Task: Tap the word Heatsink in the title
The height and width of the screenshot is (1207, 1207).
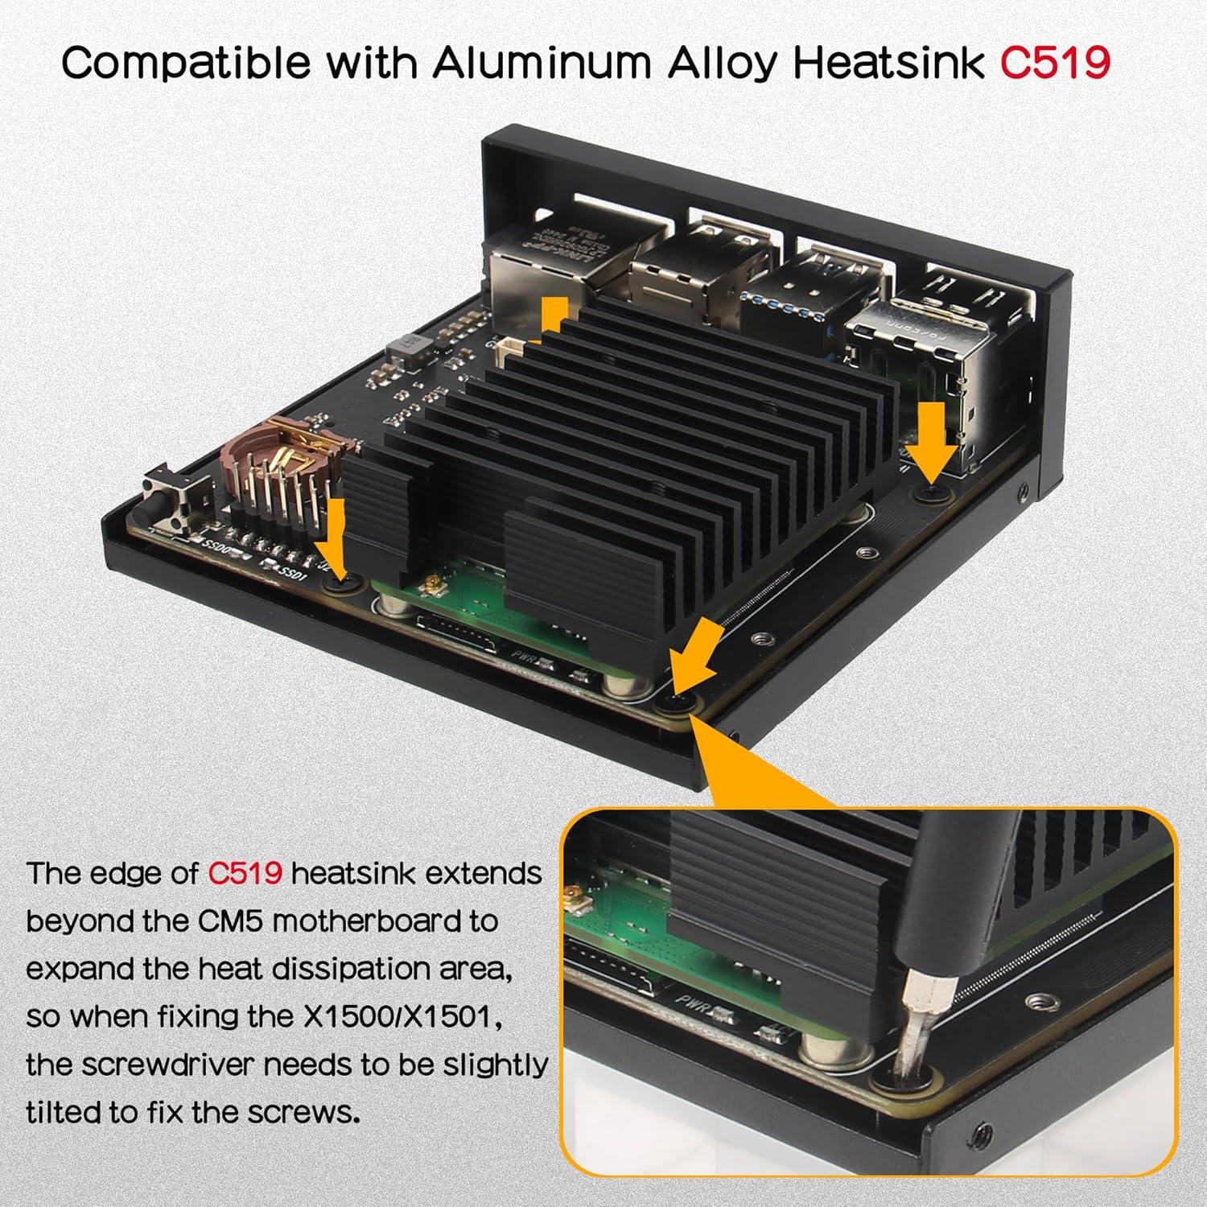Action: [x=888, y=61]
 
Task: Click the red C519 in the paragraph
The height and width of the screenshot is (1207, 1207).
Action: [x=245, y=873]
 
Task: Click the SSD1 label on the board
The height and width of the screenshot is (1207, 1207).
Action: [x=287, y=573]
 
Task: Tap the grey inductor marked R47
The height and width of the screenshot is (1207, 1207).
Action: [x=410, y=348]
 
